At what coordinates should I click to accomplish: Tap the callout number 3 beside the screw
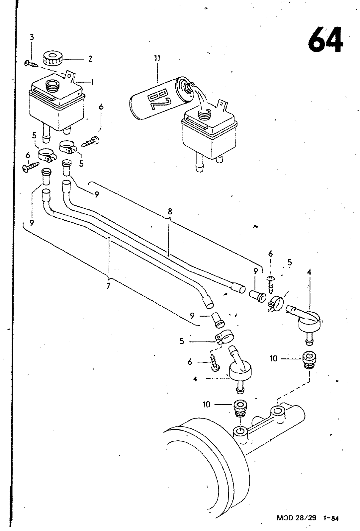point(32,37)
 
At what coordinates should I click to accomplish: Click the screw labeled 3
point(31,63)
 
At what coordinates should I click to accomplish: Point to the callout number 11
point(157,58)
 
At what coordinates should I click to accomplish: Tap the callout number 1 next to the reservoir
point(92,82)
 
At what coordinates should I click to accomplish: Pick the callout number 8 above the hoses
point(170,211)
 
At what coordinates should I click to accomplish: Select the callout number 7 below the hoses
point(108,286)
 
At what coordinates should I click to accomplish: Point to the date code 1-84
point(331,518)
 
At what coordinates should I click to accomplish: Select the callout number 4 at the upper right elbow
point(309,272)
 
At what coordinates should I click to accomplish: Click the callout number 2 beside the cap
point(90,59)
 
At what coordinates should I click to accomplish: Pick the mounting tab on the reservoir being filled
point(222,105)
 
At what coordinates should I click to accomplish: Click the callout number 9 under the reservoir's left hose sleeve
point(32,223)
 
